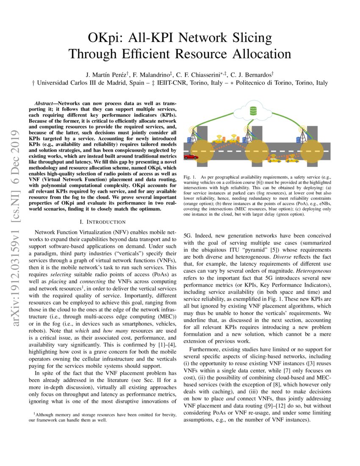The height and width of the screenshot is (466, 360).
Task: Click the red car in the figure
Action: (x=190, y=157)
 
